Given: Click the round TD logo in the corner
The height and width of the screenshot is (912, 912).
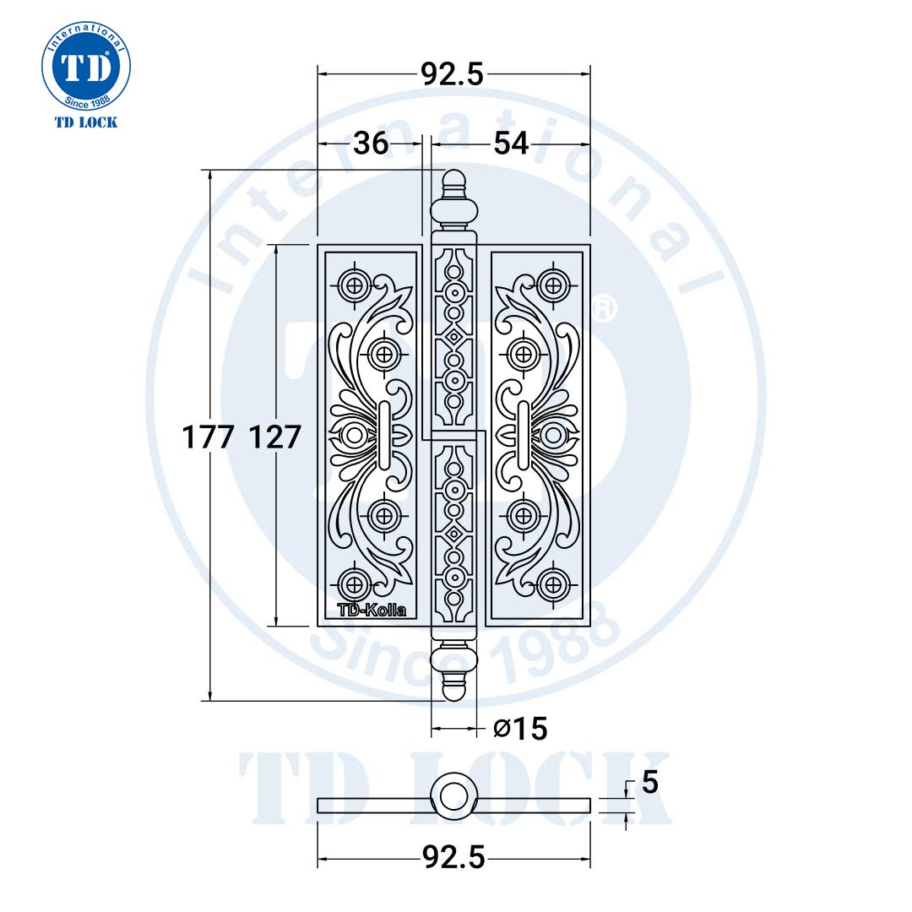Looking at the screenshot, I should click(x=85, y=67).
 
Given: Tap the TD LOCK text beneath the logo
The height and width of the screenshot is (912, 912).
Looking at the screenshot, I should click(x=85, y=122).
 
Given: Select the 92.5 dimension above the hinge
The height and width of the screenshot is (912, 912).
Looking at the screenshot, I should click(x=453, y=74).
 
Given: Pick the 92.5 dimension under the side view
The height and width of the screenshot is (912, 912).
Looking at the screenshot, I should click(x=453, y=858).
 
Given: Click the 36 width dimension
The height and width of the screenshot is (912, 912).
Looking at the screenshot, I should click(x=371, y=144).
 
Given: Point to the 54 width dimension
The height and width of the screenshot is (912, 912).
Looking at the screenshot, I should click(x=511, y=144).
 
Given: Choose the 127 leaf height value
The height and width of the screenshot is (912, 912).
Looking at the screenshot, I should click(x=275, y=437).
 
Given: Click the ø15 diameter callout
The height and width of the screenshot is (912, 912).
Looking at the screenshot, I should click(x=520, y=728).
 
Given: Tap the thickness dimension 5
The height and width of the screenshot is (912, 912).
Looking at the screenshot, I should click(x=649, y=784).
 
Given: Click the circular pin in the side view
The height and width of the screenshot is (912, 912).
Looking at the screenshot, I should click(x=454, y=795).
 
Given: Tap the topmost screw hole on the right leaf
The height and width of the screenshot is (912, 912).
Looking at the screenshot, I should click(x=553, y=284).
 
